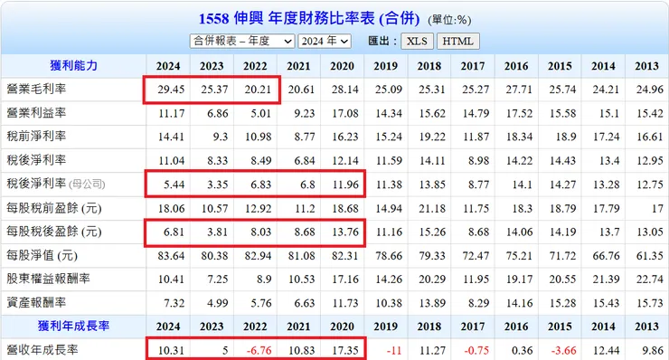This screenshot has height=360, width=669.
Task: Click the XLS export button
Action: click(416, 42)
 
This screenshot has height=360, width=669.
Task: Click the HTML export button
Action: click(457, 42)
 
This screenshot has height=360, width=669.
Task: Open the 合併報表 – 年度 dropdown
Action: click(242, 42)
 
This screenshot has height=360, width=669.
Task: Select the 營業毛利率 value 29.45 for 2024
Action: click(168, 90)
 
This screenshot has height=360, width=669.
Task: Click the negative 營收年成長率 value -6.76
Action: click(257, 348)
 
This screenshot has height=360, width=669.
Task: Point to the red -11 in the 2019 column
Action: click(390, 348)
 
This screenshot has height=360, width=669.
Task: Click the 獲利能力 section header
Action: click(73, 66)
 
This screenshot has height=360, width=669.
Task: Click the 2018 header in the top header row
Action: click(429, 66)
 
